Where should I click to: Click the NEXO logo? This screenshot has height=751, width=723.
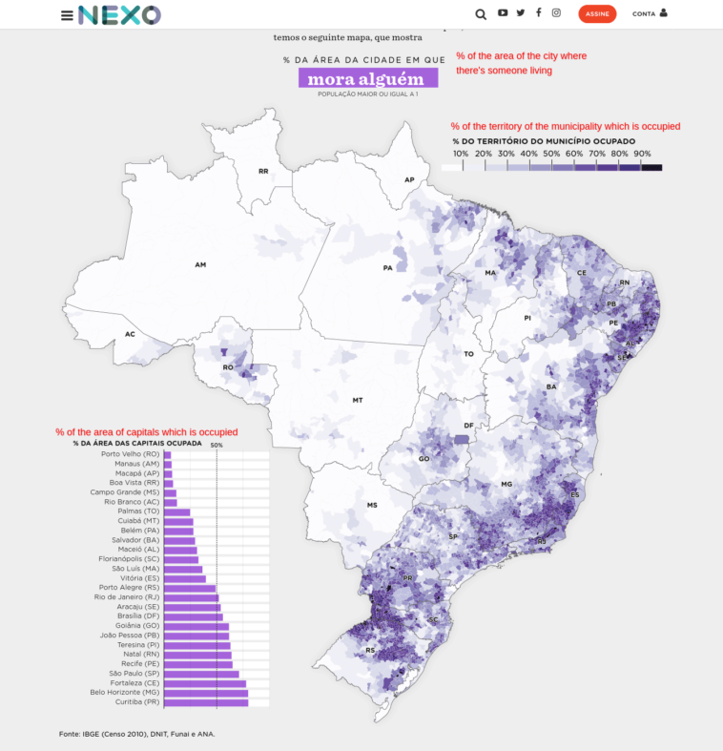[119, 14]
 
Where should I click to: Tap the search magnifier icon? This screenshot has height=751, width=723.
[480, 14]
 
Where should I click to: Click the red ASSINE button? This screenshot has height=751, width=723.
[597, 13]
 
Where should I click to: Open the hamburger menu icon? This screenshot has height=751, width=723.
[67, 15]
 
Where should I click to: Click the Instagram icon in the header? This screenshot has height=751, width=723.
[556, 13]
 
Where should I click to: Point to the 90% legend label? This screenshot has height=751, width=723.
[642, 154]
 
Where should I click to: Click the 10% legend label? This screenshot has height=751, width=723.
[461, 154]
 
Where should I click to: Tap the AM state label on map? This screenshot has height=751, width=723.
[200, 264]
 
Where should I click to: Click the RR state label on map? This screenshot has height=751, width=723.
[263, 172]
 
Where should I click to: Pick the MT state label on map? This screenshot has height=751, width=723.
[358, 400]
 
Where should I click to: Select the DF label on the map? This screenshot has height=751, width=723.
[468, 426]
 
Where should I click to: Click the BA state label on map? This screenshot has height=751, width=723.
[550, 386]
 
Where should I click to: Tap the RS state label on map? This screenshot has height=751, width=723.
[370, 651]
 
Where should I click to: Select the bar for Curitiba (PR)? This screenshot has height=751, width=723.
[206, 702]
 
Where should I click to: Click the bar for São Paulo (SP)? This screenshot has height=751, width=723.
[201, 674]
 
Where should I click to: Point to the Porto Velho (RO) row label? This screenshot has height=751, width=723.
[130, 454]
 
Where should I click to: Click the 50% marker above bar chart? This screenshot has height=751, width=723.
[217, 445]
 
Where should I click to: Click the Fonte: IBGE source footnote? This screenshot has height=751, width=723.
[137, 734]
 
